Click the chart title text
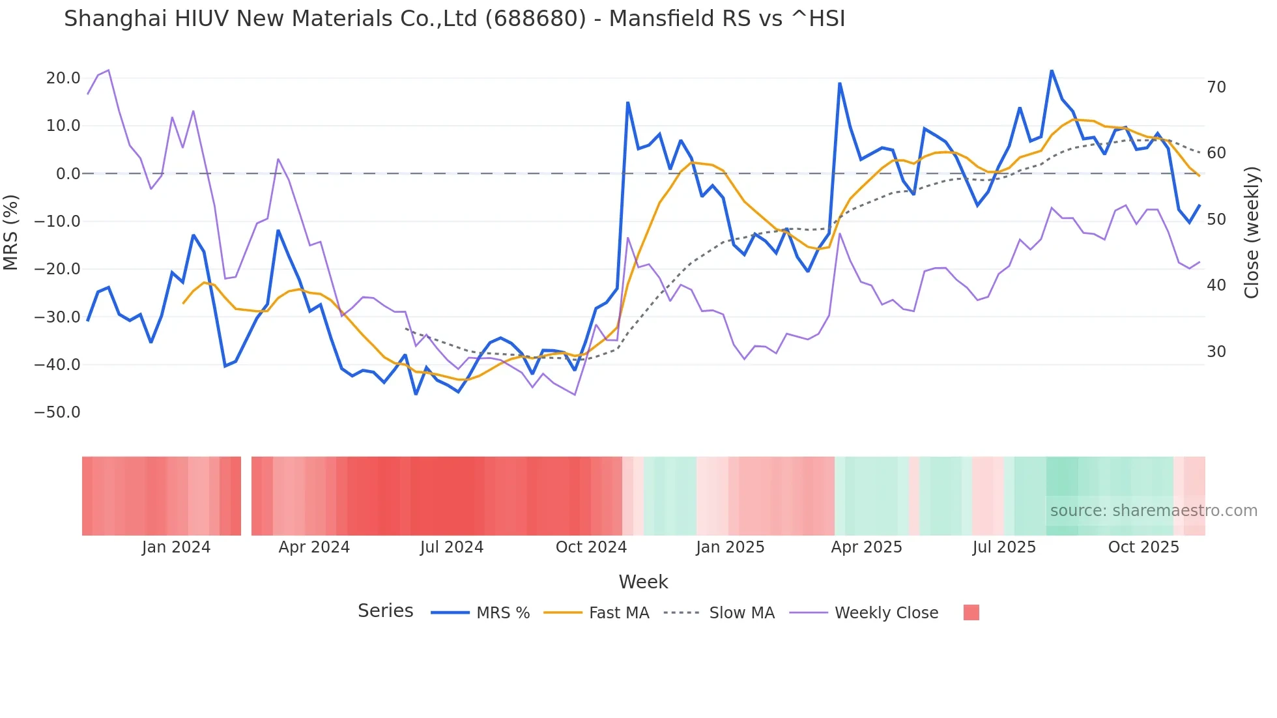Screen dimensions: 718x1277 click(454, 19)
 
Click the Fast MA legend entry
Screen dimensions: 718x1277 click(597, 613)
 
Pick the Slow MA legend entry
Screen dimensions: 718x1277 click(719, 613)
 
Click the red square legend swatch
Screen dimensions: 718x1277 click(971, 612)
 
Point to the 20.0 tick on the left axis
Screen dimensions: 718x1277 click(63, 78)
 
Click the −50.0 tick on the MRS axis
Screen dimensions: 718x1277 click(57, 412)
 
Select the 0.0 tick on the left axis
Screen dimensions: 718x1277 click(68, 174)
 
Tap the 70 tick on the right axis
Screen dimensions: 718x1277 click(1216, 87)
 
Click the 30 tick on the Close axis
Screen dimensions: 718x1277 click(1216, 352)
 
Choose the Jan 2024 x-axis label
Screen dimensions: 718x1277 click(176, 547)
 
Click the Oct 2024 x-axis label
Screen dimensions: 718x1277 click(591, 547)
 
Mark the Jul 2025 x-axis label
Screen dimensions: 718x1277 click(1004, 547)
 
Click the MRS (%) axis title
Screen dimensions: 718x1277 click(11, 232)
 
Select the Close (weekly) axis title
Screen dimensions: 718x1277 click(1252, 232)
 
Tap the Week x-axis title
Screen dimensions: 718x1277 click(643, 582)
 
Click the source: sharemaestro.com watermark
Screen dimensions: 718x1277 click(1153, 511)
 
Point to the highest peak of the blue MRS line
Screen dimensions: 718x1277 click(1051, 70)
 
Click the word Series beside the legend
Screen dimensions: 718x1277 click(385, 611)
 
